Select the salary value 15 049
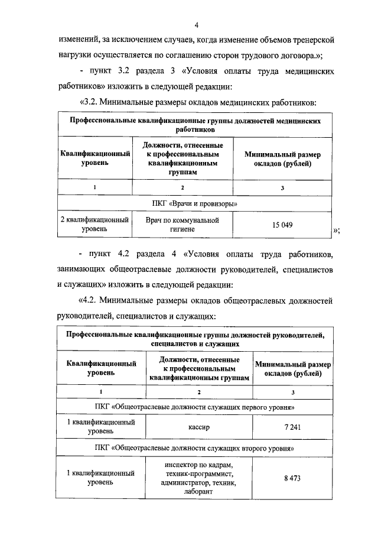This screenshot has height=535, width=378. (283, 225)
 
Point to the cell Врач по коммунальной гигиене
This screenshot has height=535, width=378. (183, 225)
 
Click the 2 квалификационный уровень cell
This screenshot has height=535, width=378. (95, 225)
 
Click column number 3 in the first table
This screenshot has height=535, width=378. (283, 187)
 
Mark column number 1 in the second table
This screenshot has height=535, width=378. (101, 392)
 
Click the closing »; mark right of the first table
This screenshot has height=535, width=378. (337, 230)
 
